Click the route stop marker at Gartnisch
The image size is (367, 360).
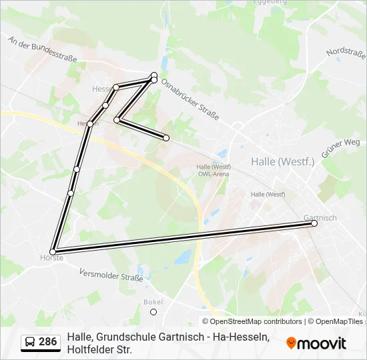pos(314,224)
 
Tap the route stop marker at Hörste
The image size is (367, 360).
pos(53,252)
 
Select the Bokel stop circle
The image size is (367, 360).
pos(153,311)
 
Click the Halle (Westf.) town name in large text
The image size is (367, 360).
pos(282,161)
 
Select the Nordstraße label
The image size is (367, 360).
pos(345,51)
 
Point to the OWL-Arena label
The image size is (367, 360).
pos(214,174)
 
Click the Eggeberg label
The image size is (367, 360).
pos(269,3)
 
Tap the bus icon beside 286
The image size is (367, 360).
pos(30,342)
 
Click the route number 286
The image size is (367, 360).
pos(47,342)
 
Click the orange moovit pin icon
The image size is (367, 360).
pos(291,343)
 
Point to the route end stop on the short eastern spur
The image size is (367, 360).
pos(166,138)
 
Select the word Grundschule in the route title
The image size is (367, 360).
pos(127,337)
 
